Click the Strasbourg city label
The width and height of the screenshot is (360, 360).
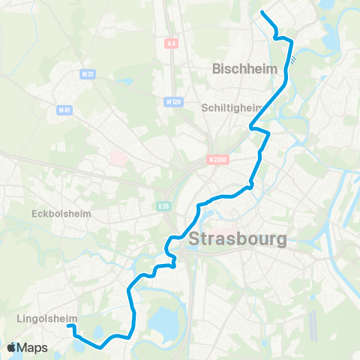(x=238, y=241)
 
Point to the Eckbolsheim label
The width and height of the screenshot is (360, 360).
(x=61, y=213)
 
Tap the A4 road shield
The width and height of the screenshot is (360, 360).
(x=172, y=44)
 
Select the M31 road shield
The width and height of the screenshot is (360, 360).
(x=87, y=74)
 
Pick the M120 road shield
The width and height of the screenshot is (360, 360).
(x=175, y=102)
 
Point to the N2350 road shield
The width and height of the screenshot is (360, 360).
(x=217, y=159)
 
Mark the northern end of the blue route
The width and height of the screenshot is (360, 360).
(x=262, y=12)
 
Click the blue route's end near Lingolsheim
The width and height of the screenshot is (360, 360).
(x=68, y=325)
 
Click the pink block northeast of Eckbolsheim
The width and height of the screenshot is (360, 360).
(x=118, y=158)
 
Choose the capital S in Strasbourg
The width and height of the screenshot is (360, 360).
(x=196, y=241)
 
